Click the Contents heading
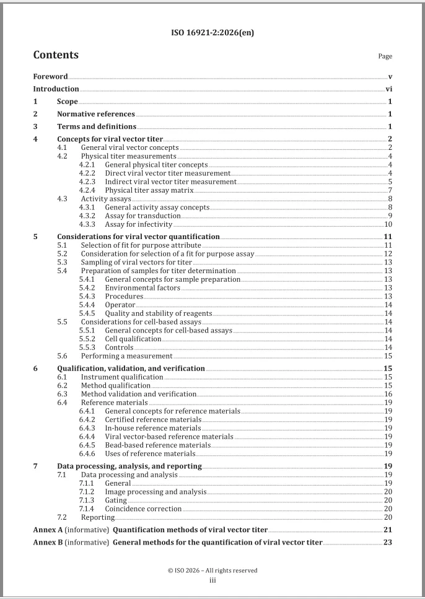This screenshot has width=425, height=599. [56, 55]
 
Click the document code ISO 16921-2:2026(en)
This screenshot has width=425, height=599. [212, 33]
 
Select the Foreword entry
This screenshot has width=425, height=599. [50, 77]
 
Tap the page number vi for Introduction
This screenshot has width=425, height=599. [389, 89]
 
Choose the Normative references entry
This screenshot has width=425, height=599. [95, 114]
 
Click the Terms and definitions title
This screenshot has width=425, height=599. [97, 127]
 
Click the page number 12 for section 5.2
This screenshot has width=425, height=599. [388, 254]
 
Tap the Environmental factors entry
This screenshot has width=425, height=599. [142, 288]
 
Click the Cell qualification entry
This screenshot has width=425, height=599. [133, 339]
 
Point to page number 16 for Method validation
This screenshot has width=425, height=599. [388, 394]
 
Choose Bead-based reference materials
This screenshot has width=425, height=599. [158, 445]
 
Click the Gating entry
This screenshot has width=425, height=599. [117, 500]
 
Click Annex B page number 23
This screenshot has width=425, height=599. [388, 542]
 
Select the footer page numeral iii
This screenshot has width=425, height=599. [212, 580]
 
